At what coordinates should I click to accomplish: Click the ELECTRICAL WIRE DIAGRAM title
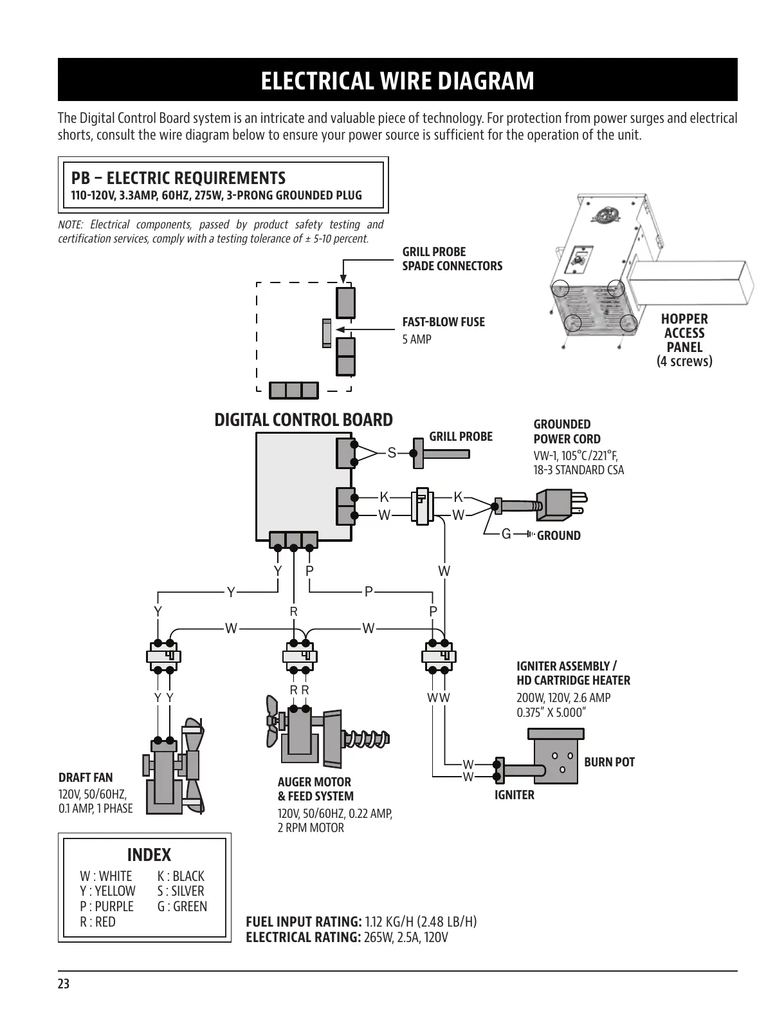coord(397,81)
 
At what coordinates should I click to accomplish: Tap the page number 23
coord(64,984)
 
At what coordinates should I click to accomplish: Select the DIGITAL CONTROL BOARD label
coord(303,420)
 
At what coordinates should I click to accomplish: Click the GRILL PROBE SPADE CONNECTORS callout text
coord(452,259)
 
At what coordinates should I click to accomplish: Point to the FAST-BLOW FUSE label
coord(443,322)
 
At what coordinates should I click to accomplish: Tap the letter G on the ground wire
coord(506,534)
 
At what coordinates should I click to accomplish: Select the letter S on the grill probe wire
coord(392,453)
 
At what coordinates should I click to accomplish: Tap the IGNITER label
coord(514,795)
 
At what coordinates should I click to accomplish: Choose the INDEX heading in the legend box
coord(149,855)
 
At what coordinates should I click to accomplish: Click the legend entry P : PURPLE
coord(107,906)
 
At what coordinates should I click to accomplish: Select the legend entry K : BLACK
coord(181,876)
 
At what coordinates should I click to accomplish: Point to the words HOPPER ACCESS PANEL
coord(684,333)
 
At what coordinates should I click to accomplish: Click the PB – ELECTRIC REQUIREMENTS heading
coord(178,178)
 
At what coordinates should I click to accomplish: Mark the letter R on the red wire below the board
coord(294,611)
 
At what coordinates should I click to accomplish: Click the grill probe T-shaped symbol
coord(441,454)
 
